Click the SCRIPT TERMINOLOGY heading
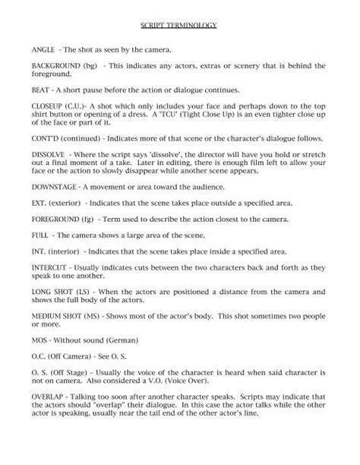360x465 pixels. [180, 26]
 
